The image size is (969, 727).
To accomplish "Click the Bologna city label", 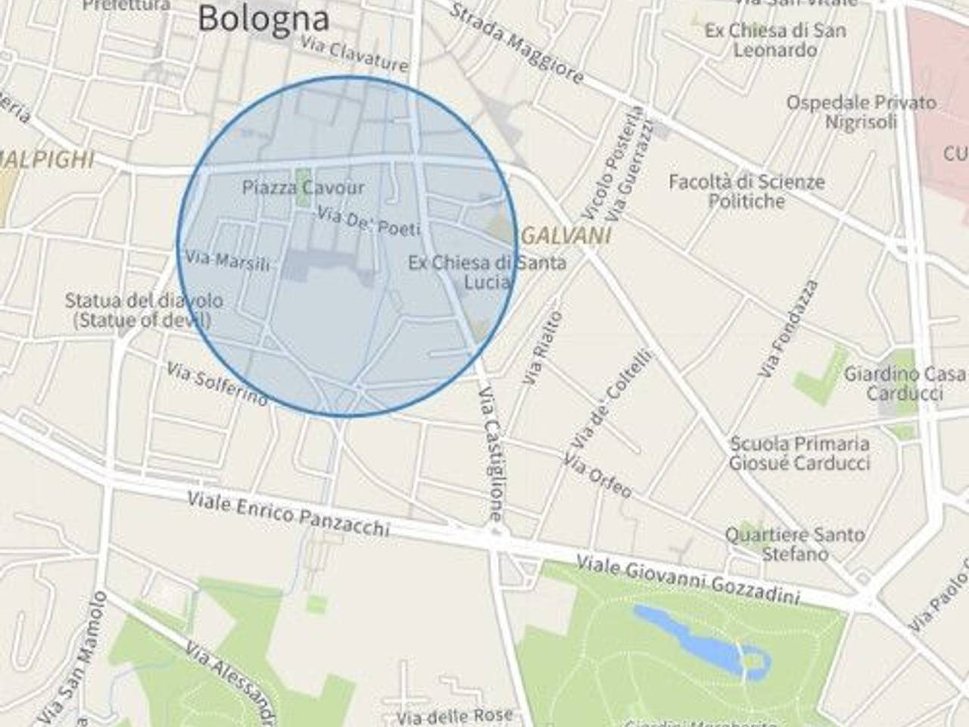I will point(263,18).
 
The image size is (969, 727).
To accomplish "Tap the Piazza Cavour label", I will point(303,187).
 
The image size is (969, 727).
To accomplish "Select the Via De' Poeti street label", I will point(368,220).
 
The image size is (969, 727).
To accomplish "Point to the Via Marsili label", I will point(227,261).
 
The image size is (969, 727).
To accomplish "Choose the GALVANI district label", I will point(566,236).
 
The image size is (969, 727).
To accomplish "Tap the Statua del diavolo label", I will point(143,310).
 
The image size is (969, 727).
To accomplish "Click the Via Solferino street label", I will point(217,384).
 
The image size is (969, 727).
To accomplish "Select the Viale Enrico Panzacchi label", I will point(288,513).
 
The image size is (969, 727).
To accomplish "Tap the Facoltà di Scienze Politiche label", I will point(746,191).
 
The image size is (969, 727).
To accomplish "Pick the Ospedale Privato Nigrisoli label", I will point(861,111).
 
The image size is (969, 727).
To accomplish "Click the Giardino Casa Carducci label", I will point(905,383).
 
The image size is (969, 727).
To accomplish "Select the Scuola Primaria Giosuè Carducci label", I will point(799,453).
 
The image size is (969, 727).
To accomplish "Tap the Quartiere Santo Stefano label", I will point(794,544).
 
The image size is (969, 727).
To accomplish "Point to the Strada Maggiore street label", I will point(517,43).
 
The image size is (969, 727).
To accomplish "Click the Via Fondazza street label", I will point(789,329).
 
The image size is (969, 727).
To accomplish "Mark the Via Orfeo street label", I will point(597,476).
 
